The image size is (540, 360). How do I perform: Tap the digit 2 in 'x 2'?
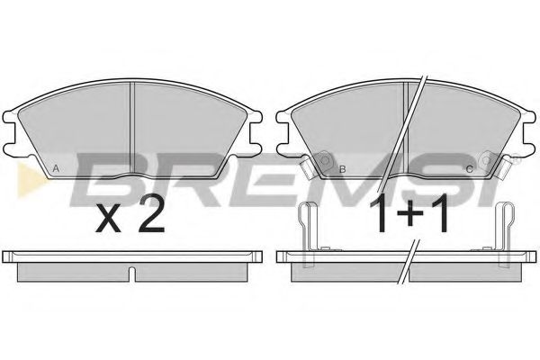click(149, 215)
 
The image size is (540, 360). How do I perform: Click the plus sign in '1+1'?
click(414, 217)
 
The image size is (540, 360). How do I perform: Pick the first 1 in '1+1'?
click(381, 215)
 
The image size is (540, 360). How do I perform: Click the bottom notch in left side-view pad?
click(132, 273)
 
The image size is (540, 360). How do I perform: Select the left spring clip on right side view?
click(308, 229)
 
